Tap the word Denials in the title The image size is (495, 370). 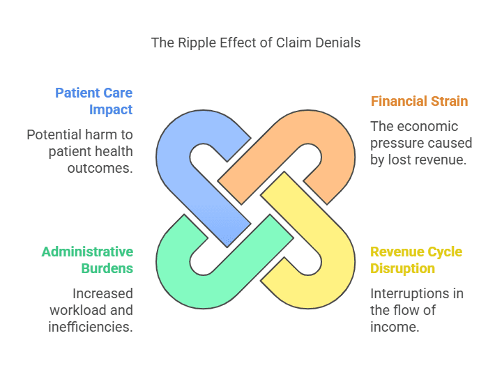pos(337,43)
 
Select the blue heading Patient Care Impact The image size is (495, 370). pos(93,101)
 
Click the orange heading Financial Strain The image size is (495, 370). pos(419,101)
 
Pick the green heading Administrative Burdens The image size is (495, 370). pos(87,260)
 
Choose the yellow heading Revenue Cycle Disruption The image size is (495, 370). pos(416,260)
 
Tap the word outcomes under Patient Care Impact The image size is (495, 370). pos(101,168)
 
